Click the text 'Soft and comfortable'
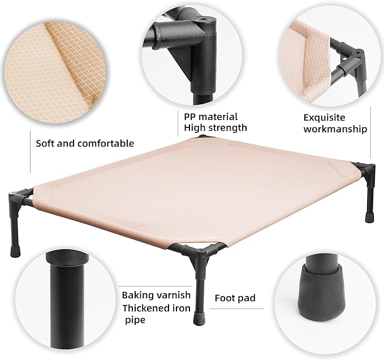click(x=85, y=143)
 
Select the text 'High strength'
click(x=215, y=128)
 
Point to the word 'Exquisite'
click(x=325, y=117)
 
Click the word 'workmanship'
click(x=335, y=129)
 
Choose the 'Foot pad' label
click(x=235, y=298)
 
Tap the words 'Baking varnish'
click(x=156, y=295)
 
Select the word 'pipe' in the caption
click(x=135, y=320)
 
